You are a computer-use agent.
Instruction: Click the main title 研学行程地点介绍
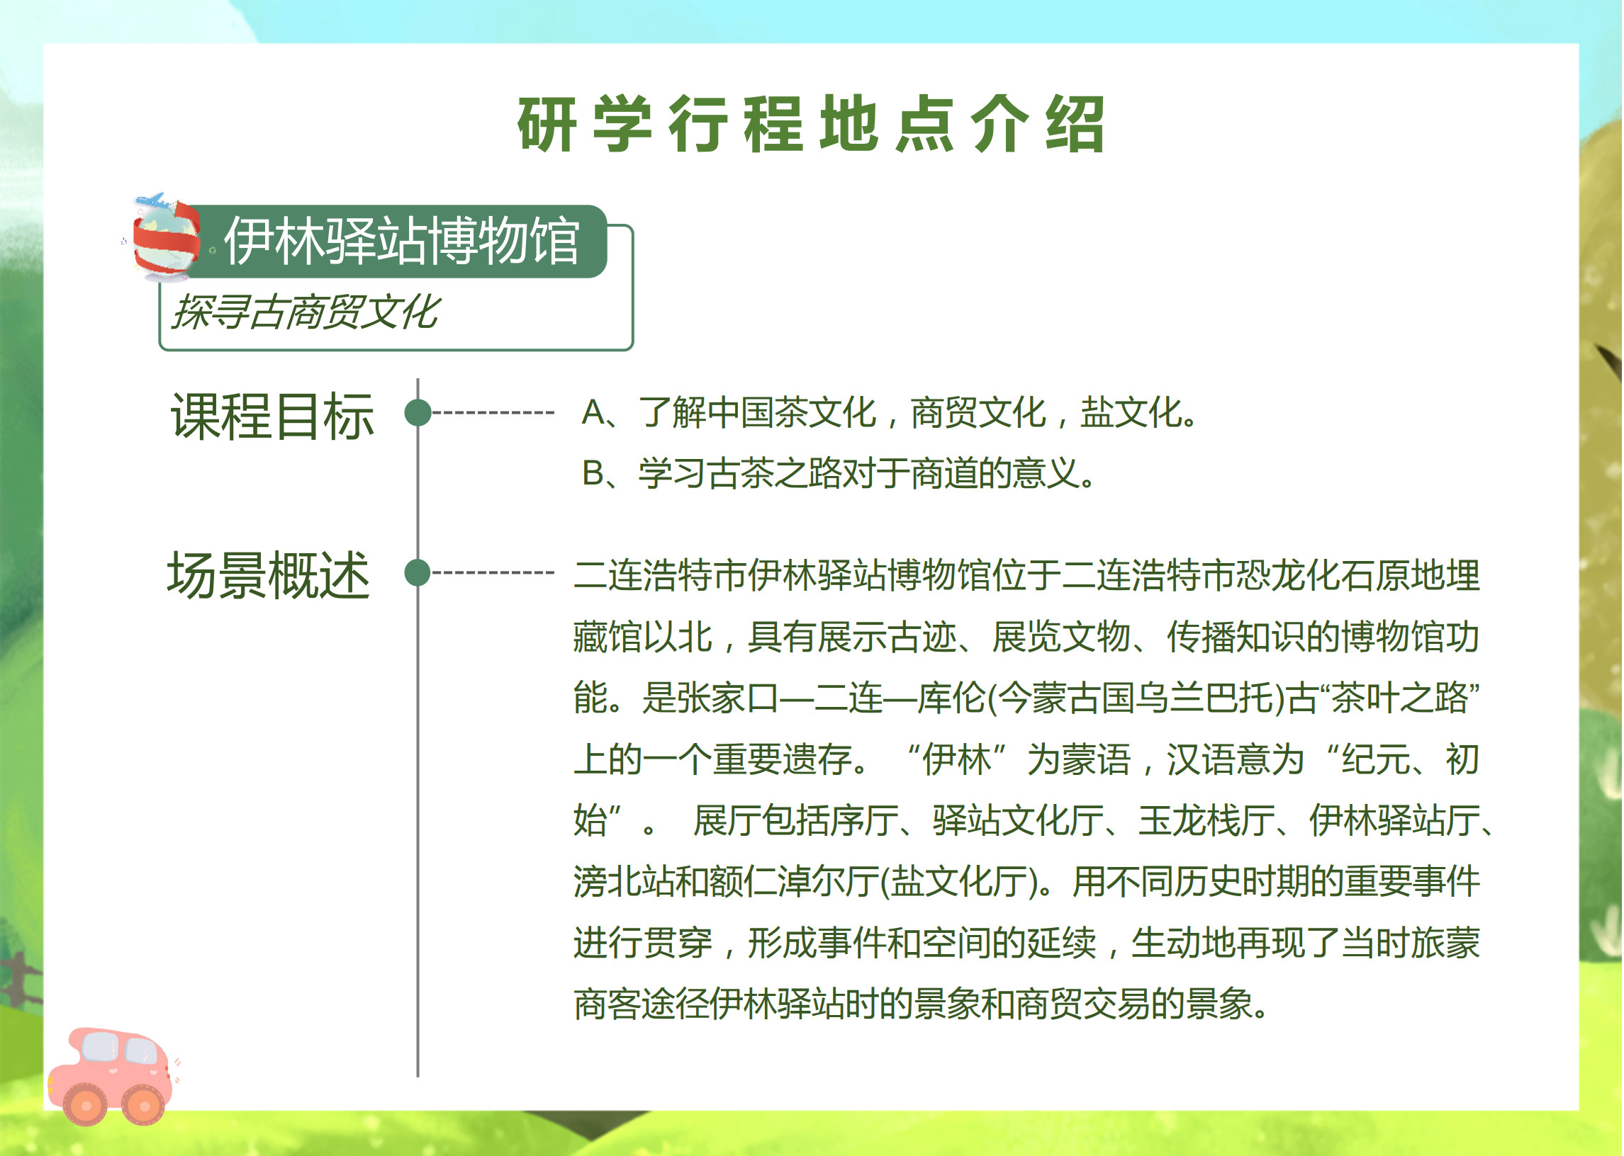coord(811,124)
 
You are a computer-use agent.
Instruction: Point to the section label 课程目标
coord(272,416)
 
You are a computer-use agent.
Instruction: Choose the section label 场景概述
coord(269,575)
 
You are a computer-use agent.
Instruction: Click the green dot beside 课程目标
coord(418,413)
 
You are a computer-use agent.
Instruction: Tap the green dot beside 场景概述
coord(418,573)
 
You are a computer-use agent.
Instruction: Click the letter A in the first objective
coord(593,413)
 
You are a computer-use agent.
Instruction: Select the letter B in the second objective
coord(593,473)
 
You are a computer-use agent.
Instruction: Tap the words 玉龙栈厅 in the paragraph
coord(1206,821)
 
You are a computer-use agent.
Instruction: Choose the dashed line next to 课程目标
coord(493,413)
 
